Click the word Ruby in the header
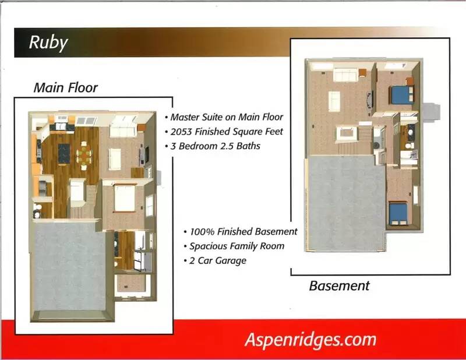coord(48,43)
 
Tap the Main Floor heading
coord(65,87)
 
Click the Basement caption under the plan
coord(339,286)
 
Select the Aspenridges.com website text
coord(310,340)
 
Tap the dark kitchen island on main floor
coord(64,153)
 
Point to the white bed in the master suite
coord(125,198)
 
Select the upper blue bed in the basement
coord(401,94)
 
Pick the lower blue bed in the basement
coord(398,213)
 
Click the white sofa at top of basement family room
coord(345,75)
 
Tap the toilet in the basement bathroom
coord(410,146)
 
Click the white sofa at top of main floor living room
coord(123,130)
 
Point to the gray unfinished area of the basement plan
coord(347,203)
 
